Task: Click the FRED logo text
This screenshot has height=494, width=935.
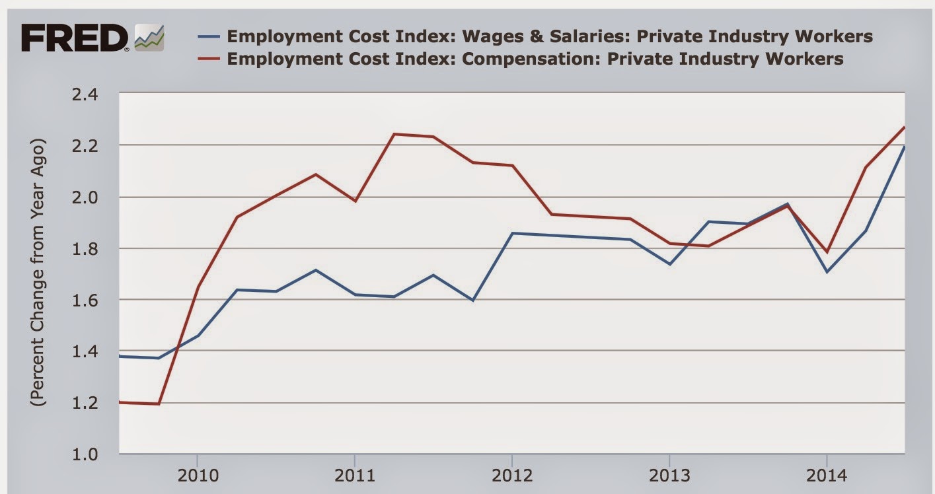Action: tap(75, 38)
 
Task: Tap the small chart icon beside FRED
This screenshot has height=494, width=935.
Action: tap(149, 38)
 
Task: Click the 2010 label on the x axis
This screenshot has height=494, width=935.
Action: tap(197, 476)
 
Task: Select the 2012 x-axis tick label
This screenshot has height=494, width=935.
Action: tap(511, 476)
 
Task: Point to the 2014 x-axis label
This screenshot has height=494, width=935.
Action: tap(826, 476)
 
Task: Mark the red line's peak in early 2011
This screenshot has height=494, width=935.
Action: tap(394, 134)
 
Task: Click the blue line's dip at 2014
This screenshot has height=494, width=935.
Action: tap(826, 271)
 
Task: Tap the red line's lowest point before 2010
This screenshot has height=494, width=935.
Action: tap(159, 404)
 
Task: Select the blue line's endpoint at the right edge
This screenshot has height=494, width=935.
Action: tap(904, 147)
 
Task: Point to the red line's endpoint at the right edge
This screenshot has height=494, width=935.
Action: tap(904, 127)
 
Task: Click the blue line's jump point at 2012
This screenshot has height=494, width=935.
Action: tap(512, 233)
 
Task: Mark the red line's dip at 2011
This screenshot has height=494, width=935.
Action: tap(355, 201)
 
